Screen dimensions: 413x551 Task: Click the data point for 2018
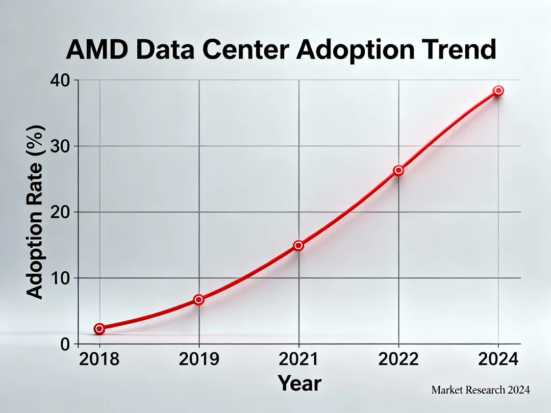coord(99,329)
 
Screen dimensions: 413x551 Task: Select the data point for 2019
coord(199,300)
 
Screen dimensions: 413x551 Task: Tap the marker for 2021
coord(298,245)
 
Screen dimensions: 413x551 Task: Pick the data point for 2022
coord(398,170)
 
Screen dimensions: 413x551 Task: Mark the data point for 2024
coord(498,91)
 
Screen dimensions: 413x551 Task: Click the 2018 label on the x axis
coord(99,359)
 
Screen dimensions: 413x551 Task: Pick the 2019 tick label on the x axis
coord(199,359)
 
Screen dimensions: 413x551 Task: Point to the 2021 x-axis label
coord(298,359)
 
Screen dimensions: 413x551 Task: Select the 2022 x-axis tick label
coord(398,359)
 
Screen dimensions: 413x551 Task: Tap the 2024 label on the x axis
coord(498,359)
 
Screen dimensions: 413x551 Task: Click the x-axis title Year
coord(299,383)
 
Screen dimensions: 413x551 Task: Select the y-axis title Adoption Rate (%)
coord(35,211)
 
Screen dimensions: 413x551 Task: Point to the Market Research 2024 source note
coord(481,390)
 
